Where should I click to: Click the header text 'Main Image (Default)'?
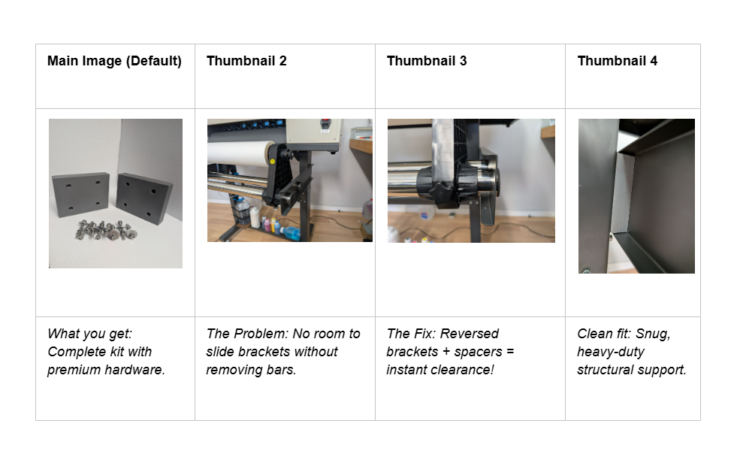pos(114,61)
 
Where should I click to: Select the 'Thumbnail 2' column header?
pos(246,61)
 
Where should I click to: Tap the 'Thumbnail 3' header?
pos(427,61)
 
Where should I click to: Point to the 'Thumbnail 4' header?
pos(618,61)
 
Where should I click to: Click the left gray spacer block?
pos(80,195)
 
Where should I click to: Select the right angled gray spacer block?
pos(143,198)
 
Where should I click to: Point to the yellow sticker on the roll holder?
pos(272,162)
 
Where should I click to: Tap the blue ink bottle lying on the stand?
pos(289,232)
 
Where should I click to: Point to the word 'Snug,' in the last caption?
pos(653,334)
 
